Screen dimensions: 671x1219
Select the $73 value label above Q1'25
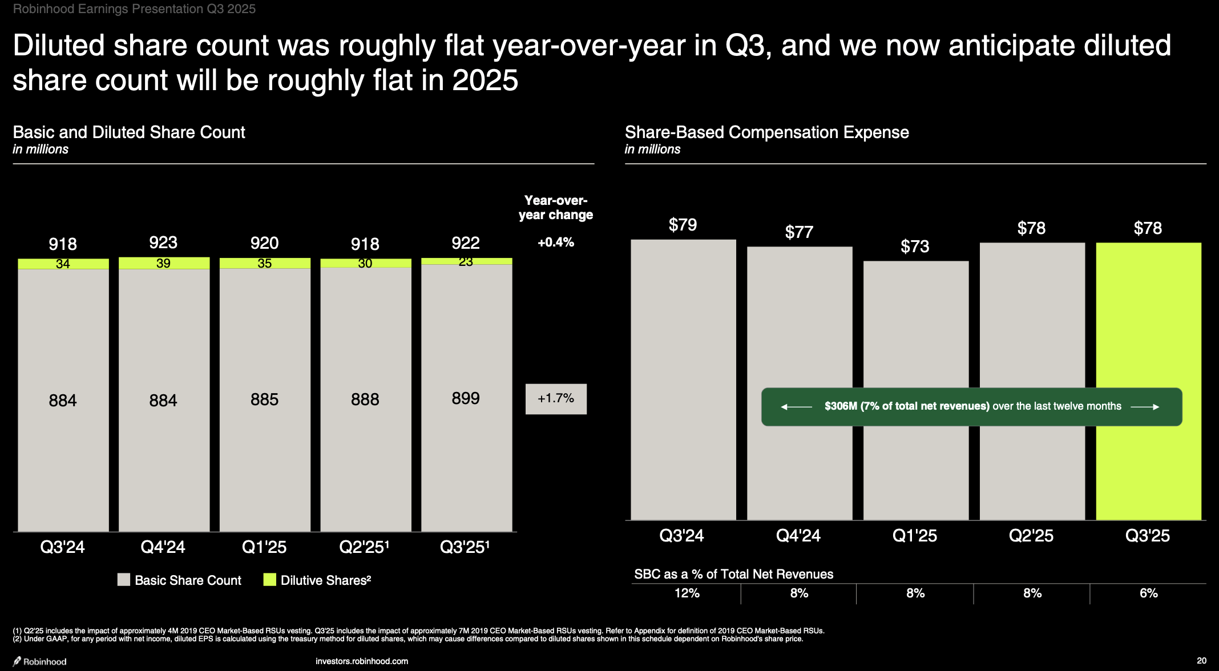point(915,246)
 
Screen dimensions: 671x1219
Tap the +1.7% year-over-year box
point(556,398)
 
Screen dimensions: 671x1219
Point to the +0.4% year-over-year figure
point(556,242)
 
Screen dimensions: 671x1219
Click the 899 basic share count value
point(466,398)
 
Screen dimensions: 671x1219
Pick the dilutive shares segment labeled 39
point(164,263)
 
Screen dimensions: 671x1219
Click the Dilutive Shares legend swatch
point(270,580)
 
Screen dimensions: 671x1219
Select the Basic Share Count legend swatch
point(124,580)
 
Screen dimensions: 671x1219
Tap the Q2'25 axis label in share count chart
point(364,547)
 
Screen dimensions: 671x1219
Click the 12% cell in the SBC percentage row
point(687,593)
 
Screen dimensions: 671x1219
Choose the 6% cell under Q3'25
point(1148,593)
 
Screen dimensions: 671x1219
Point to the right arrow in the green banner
point(1145,407)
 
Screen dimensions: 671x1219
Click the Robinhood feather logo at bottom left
point(18,661)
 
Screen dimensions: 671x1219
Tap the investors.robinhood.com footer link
point(362,661)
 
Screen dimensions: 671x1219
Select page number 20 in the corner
point(1201,661)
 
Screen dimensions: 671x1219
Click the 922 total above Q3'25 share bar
point(466,243)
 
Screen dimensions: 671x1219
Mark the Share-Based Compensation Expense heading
point(766,132)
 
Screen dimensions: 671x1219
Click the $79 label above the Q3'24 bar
point(683,225)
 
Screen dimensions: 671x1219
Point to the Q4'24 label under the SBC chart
point(798,536)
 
